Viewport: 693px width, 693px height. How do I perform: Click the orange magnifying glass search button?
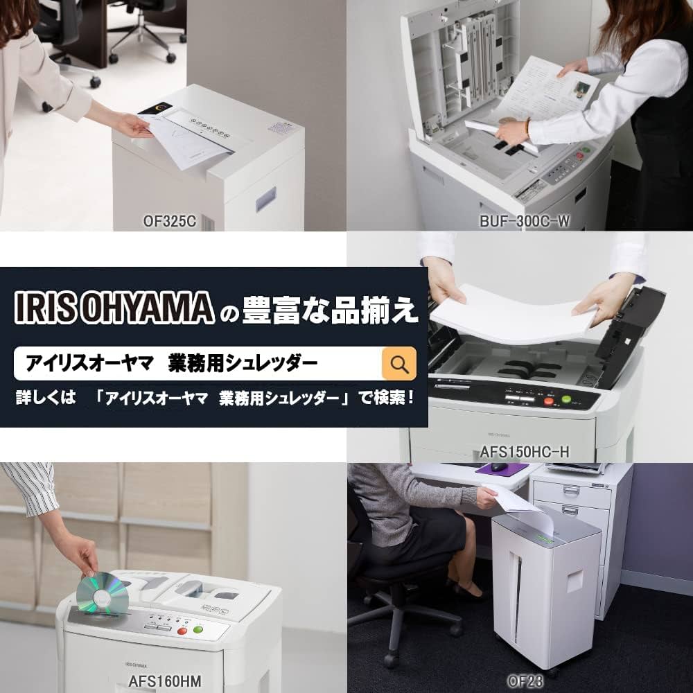[x=399, y=364]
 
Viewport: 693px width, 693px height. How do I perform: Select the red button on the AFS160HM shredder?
[x=182, y=631]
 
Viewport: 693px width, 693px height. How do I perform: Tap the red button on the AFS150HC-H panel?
[x=549, y=401]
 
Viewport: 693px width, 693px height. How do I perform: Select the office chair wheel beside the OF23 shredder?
[x=389, y=660]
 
